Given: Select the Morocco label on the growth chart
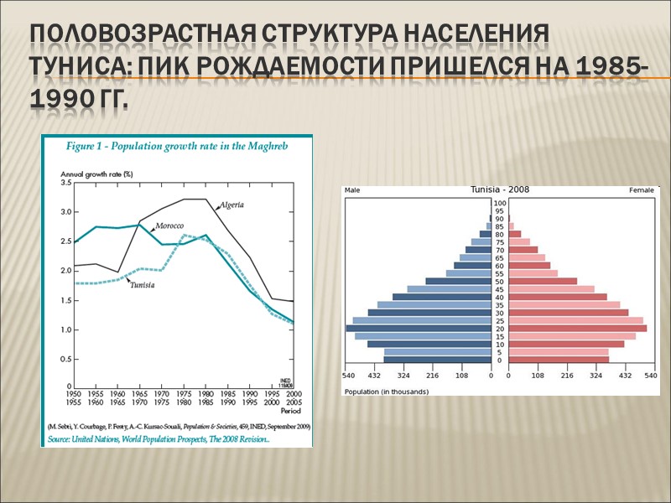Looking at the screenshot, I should [169, 226].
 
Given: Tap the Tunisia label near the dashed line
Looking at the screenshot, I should [142, 284].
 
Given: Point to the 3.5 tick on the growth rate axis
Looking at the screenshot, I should [66, 182].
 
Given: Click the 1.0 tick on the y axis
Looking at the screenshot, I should [66, 329].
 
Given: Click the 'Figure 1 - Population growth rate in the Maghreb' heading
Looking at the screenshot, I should [177, 146].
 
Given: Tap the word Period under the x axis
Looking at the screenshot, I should [290, 412].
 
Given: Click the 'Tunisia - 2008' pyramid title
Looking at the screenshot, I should [500, 189].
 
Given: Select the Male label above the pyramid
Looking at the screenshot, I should [353, 190].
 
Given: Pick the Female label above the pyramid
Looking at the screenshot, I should [641, 190].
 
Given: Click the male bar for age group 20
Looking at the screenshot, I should [419, 329].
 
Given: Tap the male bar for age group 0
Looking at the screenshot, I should [438, 360].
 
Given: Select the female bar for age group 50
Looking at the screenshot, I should [543, 281].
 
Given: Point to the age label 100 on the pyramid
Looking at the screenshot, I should [500, 203].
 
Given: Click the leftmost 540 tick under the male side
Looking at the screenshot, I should [350, 376].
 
